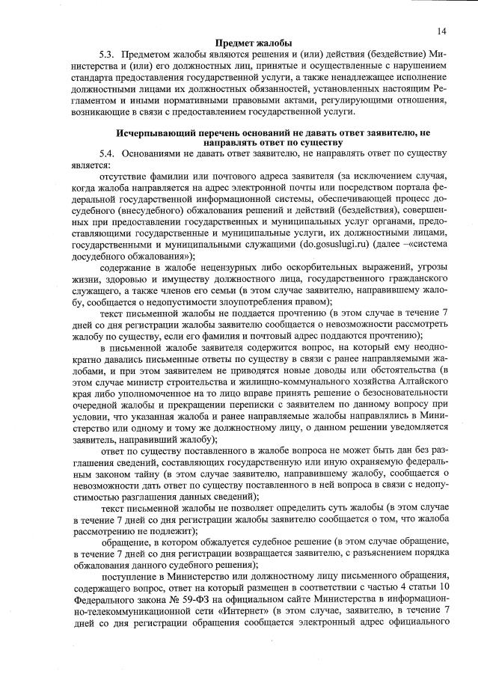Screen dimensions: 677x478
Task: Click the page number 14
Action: tap(442, 31)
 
